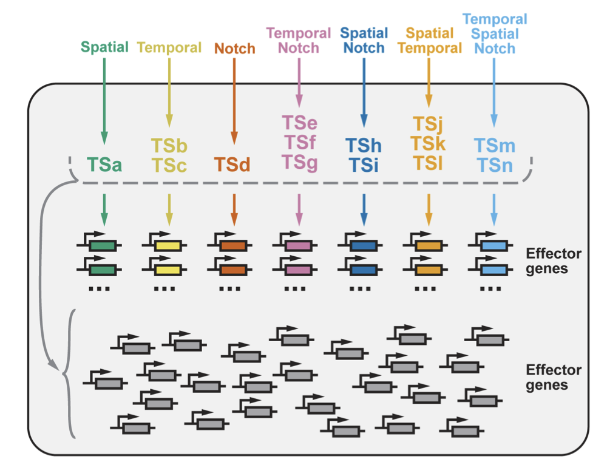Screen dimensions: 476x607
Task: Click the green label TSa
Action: [104, 165]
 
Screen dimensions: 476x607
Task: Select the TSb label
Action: [169, 146]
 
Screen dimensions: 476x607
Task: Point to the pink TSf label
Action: [299, 143]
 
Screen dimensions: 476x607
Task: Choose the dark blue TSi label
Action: [364, 165]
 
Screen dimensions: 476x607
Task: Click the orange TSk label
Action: [429, 143]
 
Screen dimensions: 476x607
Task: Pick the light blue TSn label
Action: [494, 165]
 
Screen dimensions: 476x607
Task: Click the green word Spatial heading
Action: [104, 47]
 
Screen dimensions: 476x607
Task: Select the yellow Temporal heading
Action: [169, 47]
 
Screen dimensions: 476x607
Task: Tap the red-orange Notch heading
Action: [235, 49]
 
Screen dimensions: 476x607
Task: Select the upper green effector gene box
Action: [103, 246]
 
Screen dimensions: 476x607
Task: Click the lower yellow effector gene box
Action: [168, 268]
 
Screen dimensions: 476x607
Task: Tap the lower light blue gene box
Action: [494, 268]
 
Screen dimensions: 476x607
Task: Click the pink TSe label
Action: [299, 123]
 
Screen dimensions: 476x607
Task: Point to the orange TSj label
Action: [429, 124]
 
